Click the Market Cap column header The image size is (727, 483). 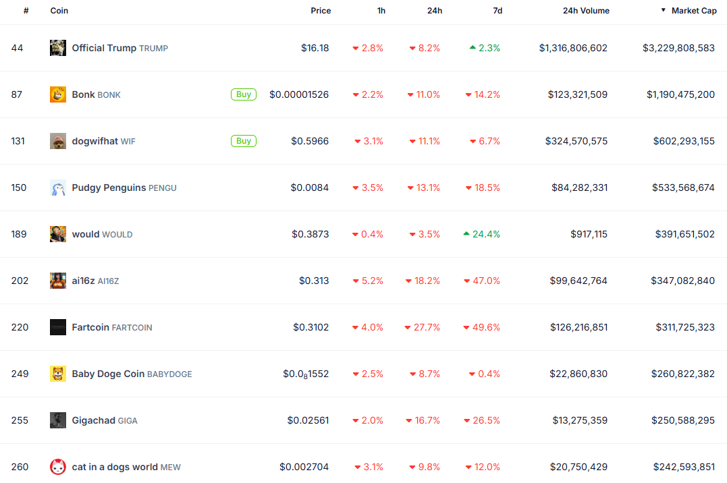click(693, 11)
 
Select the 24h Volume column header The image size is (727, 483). click(586, 11)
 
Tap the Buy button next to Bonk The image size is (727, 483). click(244, 94)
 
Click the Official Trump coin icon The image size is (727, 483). click(58, 48)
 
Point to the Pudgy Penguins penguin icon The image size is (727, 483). click(58, 188)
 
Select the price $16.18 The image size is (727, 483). click(315, 48)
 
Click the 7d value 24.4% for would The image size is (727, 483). click(486, 234)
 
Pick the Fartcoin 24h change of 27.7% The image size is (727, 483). click(427, 327)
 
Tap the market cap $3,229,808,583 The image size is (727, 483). click(678, 48)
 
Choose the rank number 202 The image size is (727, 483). click(20, 281)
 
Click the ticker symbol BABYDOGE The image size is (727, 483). click(169, 374)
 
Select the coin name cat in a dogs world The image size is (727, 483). click(115, 467)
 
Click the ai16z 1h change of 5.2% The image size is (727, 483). click(372, 281)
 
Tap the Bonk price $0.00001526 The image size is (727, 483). click(299, 94)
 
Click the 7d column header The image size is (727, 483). click(497, 11)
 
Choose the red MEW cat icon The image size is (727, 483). click(58, 467)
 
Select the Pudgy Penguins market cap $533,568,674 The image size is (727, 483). click(683, 188)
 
